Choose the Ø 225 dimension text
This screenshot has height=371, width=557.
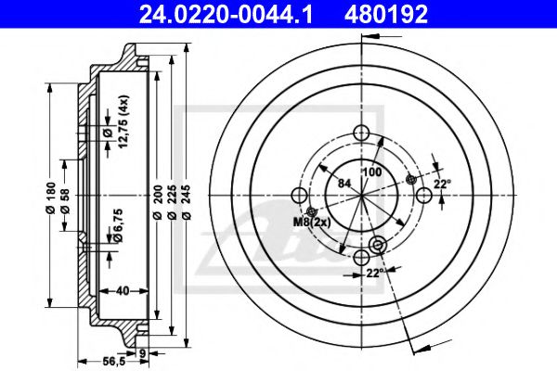[x=174, y=201]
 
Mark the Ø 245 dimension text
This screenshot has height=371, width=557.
[x=188, y=201]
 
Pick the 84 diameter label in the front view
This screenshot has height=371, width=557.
[x=343, y=182]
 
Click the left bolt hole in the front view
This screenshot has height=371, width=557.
[x=300, y=195]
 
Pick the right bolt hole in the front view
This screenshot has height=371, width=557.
[x=425, y=195]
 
